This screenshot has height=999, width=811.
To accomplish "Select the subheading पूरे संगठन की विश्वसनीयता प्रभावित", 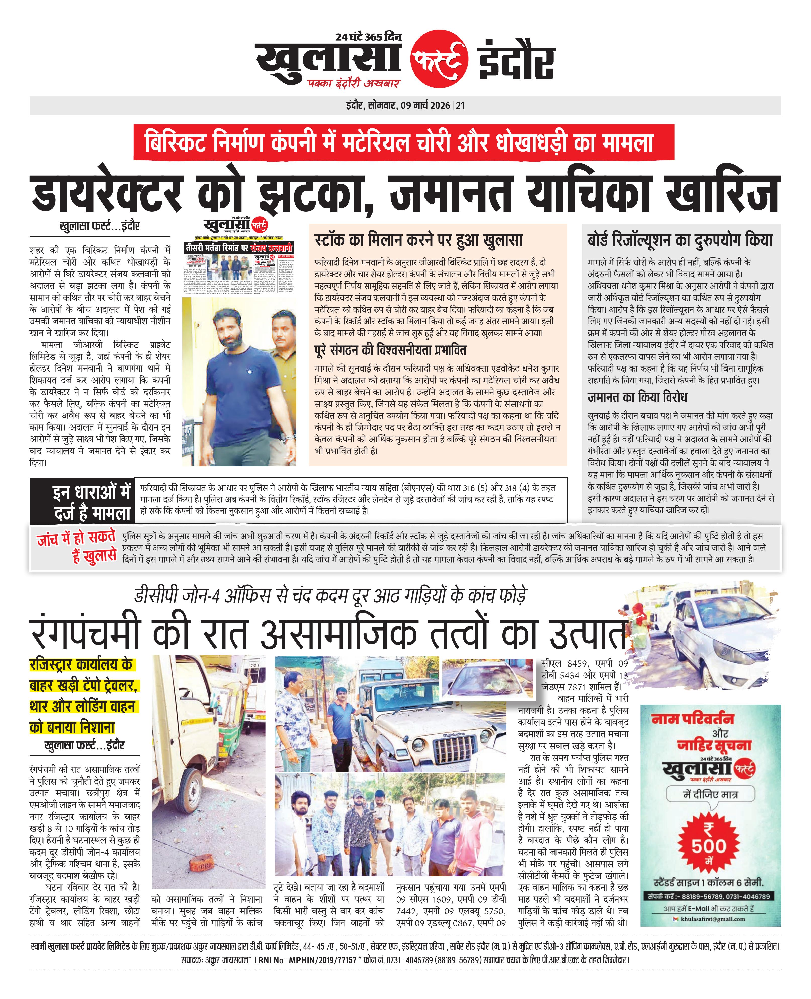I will (x=391, y=350).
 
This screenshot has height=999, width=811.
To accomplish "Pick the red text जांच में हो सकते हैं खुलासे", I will (x=76, y=546).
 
